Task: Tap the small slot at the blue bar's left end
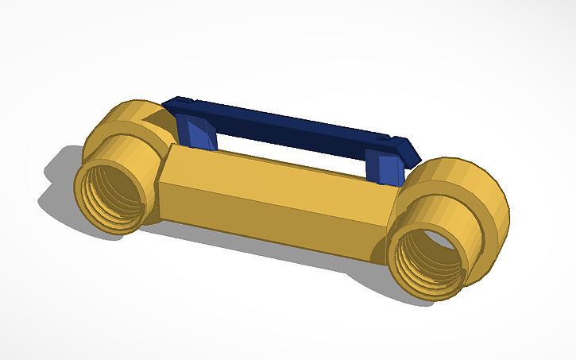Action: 182,101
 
